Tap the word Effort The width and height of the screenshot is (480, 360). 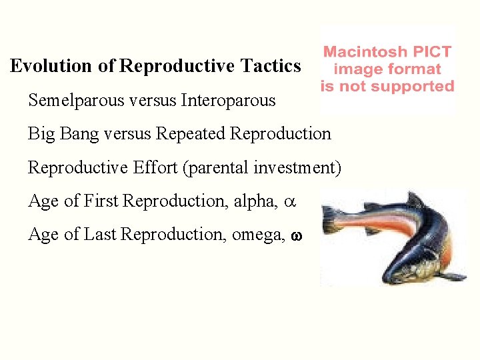tap(154, 167)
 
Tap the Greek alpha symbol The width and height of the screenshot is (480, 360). tap(290, 201)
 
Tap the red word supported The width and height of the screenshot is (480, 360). tap(413, 87)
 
